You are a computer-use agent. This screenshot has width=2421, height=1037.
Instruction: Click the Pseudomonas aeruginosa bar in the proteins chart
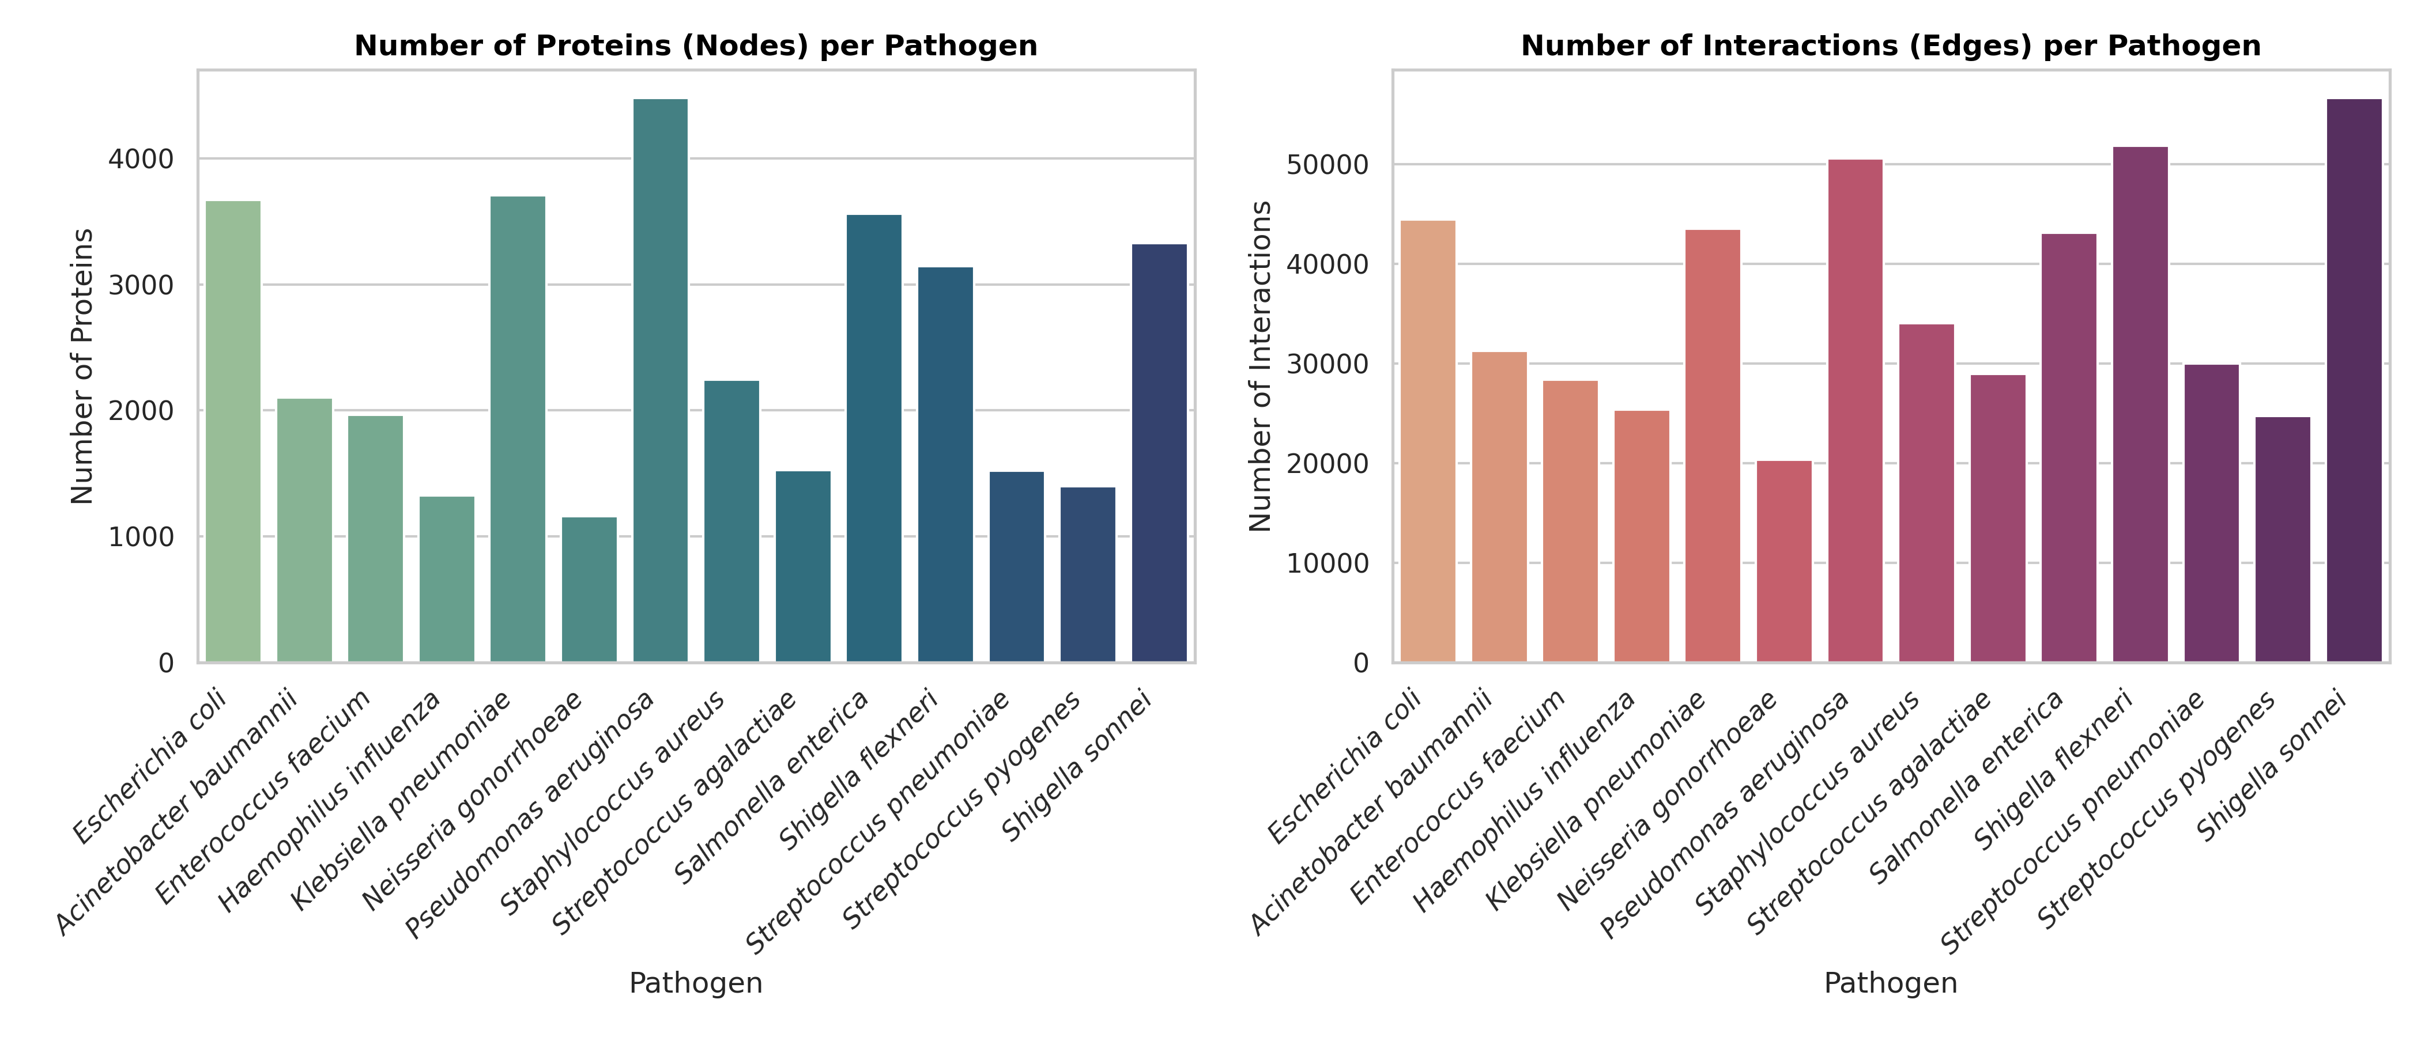pos(660,380)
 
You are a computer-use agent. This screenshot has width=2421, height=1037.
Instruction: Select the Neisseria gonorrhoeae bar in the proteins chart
pos(589,590)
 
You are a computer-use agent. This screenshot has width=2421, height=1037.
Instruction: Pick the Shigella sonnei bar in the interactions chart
pos(2354,380)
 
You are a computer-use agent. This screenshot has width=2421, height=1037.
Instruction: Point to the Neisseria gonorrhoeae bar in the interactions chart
pos(1784,562)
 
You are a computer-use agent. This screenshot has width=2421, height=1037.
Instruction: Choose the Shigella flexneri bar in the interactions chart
pos(2140,404)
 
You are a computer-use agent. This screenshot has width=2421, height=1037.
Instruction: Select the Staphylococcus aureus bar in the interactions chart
pos(1926,493)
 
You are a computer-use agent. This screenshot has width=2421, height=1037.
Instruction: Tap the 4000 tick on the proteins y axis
pos(141,160)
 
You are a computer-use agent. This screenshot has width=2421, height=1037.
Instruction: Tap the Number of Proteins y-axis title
pos(82,366)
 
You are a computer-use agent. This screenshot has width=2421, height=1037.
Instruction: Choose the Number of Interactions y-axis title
pos(1259,366)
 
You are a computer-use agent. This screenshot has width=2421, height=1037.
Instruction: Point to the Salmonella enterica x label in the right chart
pos(1967,787)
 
